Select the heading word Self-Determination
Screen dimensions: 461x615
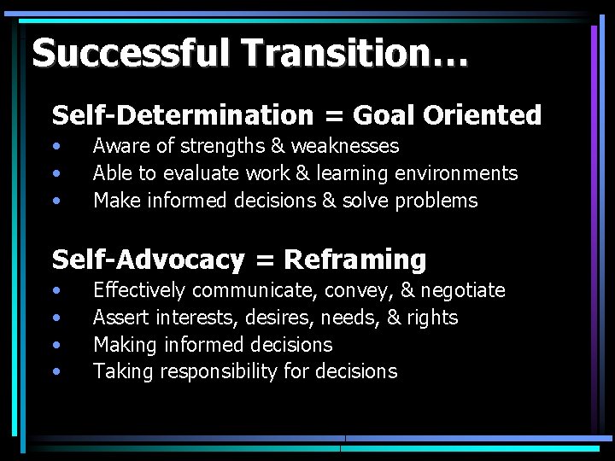coord(183,115)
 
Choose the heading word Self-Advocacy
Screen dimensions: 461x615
coord(148,259)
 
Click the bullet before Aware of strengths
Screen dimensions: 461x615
coord(56,147)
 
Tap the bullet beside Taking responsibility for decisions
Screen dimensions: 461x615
coord(56,371)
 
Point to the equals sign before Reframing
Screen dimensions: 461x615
coord(264,260)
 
